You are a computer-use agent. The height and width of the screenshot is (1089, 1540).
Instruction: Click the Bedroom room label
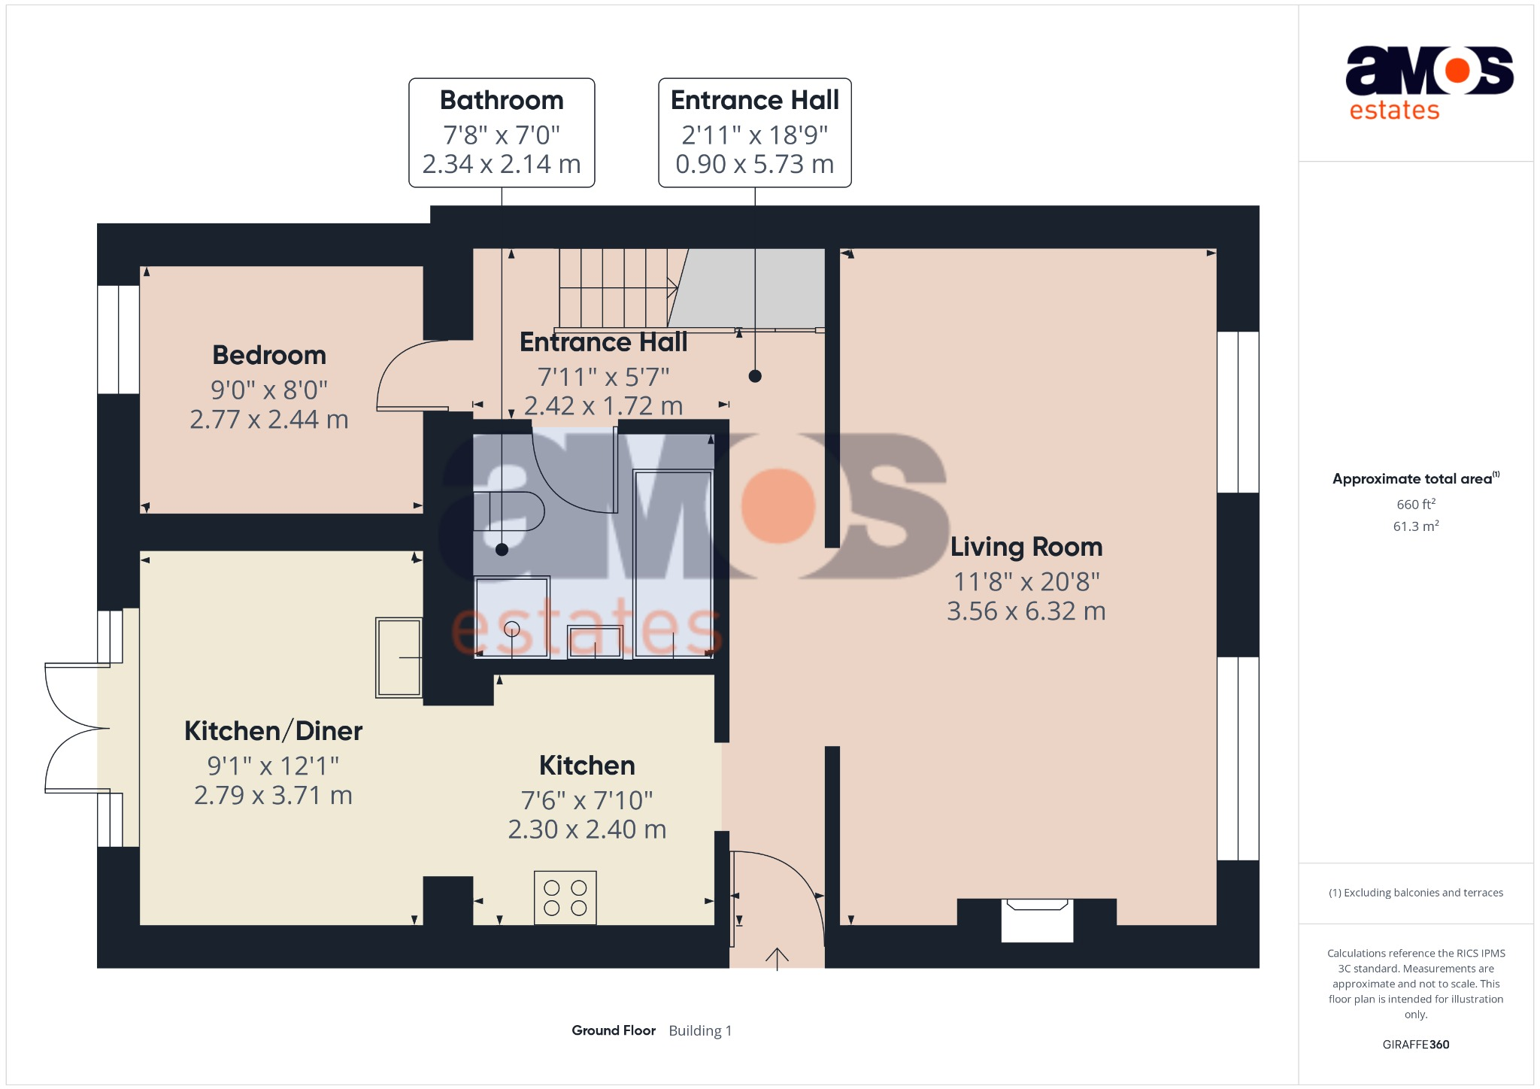pos(269,355)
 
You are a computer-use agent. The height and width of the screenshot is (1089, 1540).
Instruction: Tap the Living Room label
pos(1026,547)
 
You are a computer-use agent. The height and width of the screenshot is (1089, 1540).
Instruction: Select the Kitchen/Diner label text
pos(273,731)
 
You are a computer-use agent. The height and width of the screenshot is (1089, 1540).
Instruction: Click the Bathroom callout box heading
pos(502,100)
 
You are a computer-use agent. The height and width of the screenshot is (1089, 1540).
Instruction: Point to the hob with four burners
pos(565,897)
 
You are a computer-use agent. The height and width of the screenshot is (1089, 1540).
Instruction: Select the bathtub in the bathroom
pos(673,564)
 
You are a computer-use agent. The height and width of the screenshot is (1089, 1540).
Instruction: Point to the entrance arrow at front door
pos(777,959)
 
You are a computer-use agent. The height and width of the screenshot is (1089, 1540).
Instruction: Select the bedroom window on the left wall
pos(118,339)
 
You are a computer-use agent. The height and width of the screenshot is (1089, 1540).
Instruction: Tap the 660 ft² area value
pos(1416,504)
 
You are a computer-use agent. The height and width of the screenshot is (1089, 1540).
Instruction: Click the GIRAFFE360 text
pos(1416,1045)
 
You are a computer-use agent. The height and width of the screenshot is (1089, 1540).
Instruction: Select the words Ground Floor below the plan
pos(614,1030)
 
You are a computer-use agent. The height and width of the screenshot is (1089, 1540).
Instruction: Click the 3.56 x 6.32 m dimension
pos(1026,611)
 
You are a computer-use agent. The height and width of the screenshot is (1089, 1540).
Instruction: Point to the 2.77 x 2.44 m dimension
pos(269,420)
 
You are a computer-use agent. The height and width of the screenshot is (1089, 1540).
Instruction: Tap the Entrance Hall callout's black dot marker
pos(755,376)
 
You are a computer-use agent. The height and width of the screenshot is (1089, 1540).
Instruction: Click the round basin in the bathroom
pos(512,629)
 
